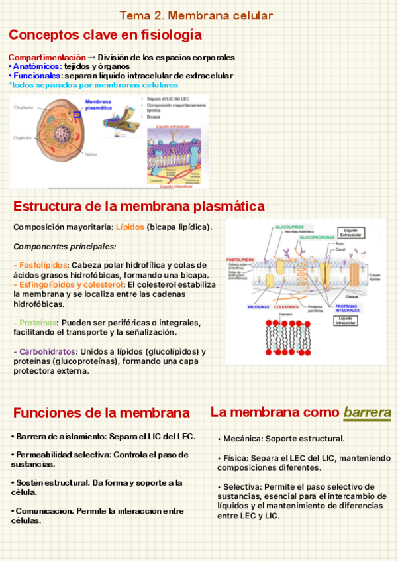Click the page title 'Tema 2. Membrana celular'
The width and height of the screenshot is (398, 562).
[x=196, y=15]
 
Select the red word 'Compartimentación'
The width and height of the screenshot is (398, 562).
[x=47, y=58]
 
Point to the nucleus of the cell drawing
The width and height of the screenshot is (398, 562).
[x=63, y=133]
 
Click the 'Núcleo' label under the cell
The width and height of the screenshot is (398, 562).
[x=90, y=154]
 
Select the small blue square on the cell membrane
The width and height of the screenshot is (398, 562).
[x=77, y=115]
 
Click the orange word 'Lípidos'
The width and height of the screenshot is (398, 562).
[x=130, y=227]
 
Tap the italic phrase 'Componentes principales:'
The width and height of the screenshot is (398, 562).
[x=55, y=246]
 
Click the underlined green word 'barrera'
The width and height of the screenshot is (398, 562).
[x=367, y=412]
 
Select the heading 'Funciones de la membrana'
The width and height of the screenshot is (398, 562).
[x=101, y=413]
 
